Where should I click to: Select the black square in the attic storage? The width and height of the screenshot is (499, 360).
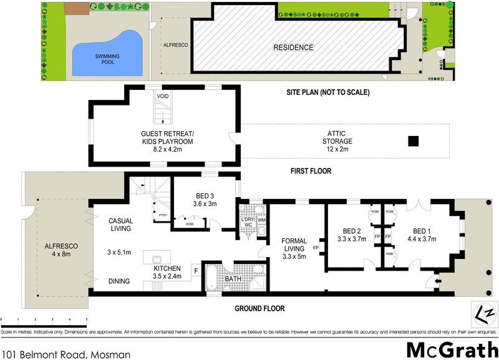413,142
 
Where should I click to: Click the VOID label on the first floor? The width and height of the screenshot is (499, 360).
162,96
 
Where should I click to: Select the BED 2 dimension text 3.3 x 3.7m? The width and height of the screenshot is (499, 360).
349,238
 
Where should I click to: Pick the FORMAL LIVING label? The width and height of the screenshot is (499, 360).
294,245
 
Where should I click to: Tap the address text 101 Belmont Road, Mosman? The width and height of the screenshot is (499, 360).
65,354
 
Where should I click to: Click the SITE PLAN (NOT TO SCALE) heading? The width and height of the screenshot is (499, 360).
327,92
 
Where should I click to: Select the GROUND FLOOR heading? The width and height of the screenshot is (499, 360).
259,308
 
